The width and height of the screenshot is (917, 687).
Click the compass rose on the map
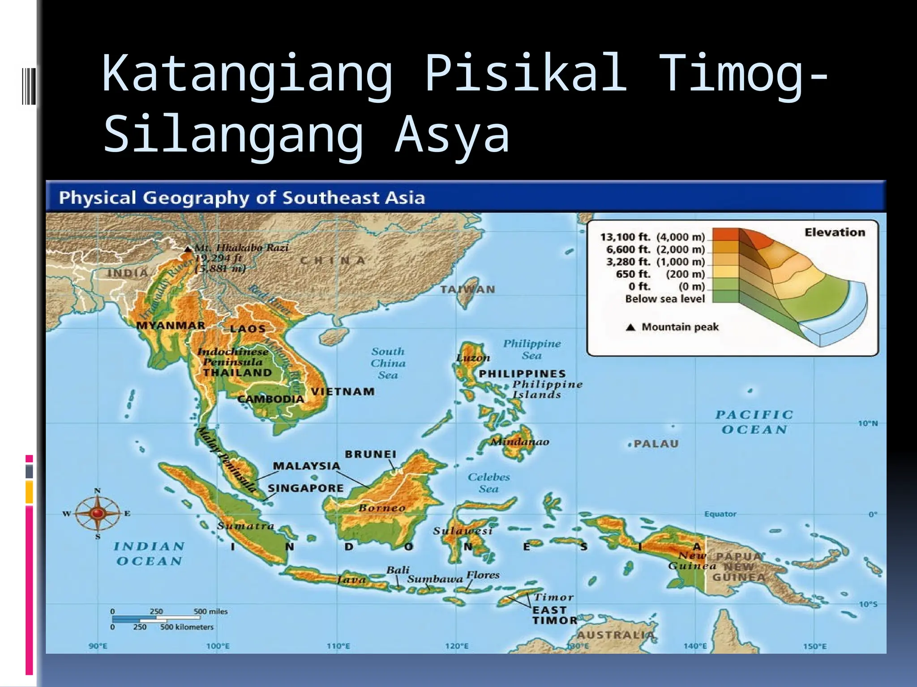(x=98, y=513)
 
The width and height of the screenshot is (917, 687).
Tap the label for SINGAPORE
(x=306, y=488)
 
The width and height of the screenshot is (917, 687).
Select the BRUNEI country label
(x=370, y=454)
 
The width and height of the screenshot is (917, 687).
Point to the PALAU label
(x=656, y=444)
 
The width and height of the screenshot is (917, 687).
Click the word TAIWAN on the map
(x=467, y=289)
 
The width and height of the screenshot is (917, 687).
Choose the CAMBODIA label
(x=270, y=399)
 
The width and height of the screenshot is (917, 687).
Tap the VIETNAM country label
(x=343, y=392)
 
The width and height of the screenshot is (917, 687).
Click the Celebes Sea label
(x=488, y=483)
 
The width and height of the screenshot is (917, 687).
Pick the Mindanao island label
(x=520, y=442)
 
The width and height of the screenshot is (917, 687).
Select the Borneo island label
(x=382, y=508)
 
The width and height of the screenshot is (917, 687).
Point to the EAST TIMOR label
(x=554, y=615)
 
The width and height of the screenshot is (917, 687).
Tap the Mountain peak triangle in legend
(x=630, y=327)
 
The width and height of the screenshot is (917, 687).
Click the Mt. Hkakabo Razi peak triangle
(x=189, y=249)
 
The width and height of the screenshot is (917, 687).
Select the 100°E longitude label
(x=218, y=646)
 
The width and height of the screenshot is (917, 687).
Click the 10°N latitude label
(x=868, y=423)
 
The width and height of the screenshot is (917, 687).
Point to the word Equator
(x=720, y=514)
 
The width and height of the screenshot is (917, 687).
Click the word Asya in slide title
(x=452, y=134)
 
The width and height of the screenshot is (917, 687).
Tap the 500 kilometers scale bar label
(x=187, y=627)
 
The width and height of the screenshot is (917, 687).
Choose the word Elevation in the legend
(x=835, y=232)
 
